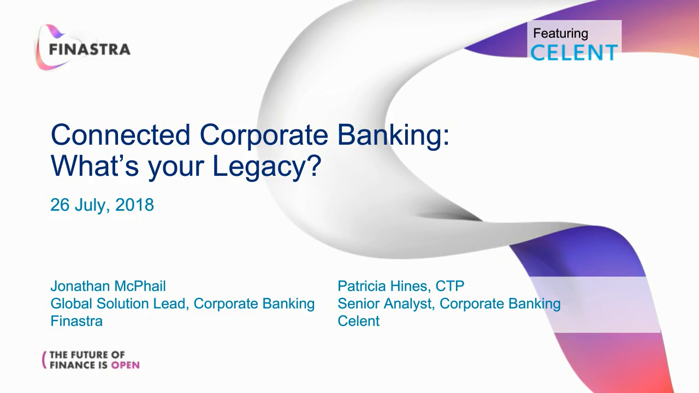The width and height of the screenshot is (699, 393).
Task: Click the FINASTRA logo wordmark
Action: coord(90,50)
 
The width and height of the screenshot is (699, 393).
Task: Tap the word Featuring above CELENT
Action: coord(560,34)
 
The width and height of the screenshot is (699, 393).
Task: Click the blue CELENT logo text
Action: coord(574,52)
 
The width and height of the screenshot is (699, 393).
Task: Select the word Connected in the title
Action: coord(121,134)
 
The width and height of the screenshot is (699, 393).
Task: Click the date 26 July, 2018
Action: coord(102,205)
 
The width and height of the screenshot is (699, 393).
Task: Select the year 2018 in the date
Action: coord(134,205)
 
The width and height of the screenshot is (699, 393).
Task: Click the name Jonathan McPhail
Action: coord(108,286)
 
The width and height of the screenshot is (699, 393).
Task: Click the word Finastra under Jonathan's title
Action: coord(76,321)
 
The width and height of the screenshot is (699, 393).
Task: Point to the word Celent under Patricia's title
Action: coord(359,321)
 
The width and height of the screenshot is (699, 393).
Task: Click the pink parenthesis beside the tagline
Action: coord(44,360)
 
